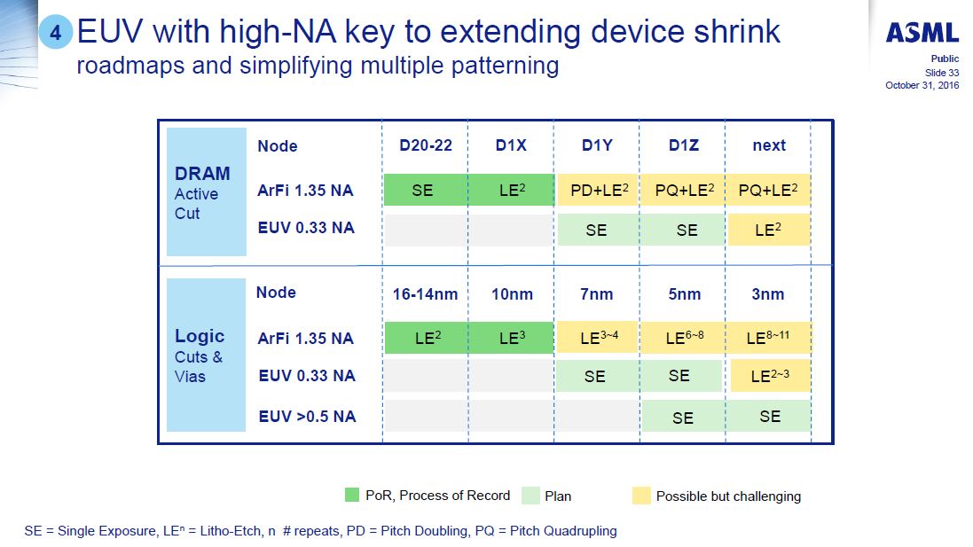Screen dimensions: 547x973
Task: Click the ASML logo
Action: [922, 34]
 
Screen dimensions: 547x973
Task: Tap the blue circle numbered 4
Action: [55, 35]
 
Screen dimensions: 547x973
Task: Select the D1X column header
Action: [511, 145]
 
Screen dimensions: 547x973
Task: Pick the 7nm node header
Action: [596, 293]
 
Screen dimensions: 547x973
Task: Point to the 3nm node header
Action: [768, 293]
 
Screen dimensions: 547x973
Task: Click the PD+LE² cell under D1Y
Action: [596, 191]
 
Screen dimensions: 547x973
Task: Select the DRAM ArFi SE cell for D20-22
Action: [422, 191]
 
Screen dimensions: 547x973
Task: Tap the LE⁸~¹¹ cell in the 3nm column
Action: [768, 338]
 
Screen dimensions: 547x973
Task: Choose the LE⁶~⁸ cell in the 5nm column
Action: [683, 338]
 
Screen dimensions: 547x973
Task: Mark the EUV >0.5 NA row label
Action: [306, 416]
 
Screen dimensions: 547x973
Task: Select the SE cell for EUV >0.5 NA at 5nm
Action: [683, 417]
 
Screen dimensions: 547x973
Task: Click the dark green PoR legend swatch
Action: [352, 496]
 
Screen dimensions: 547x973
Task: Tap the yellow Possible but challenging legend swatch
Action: [641, 496]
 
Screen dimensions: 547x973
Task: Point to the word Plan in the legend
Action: [557, 496]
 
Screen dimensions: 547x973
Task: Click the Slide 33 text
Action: [941, 72]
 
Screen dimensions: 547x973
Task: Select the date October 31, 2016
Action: [922, 85]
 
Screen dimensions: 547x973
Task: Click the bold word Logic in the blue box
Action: [200, 336]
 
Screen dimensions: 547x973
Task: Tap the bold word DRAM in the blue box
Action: [202, 174]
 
